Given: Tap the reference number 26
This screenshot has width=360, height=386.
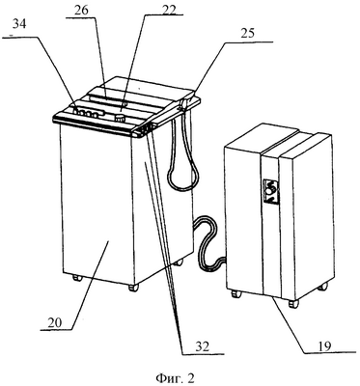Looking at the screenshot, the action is pyautogui.click(x=81, y=10).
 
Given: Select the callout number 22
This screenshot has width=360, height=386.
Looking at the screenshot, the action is pyautogui.click(x=169, y=10).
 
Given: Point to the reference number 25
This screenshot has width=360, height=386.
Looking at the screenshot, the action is pyautogui.click(x=247, y=33).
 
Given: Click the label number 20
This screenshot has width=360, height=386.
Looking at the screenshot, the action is pyautogui.click(x=55, y=323).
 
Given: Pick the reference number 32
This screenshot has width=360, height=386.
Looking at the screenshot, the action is pyautogui.click(x=202, y=346).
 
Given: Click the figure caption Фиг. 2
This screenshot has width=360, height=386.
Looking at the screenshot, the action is pyautogui.click(x=176, y=377).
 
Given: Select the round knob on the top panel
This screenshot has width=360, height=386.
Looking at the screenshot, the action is pyautogui.click(x=121, y=117).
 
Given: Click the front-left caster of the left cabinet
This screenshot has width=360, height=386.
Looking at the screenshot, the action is pyautogui.click(x=76, y=278).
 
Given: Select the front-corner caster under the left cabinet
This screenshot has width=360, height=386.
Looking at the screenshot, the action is pyautogui.click(x=133, y=288).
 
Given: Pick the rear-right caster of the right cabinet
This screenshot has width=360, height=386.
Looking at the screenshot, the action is pyautogui.click(x=323, y=286).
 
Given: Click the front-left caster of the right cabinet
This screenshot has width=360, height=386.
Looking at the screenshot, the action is pyautogui.click(x=236, y=293).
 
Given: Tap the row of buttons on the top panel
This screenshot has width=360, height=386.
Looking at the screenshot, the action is pyautogui.click(x=89, y=113).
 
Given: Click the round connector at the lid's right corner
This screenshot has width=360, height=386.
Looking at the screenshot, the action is pyautogui.click(x=184, y=104).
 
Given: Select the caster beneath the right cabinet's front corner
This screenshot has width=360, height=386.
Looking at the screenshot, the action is pyautogui.click(x=293, y=303).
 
